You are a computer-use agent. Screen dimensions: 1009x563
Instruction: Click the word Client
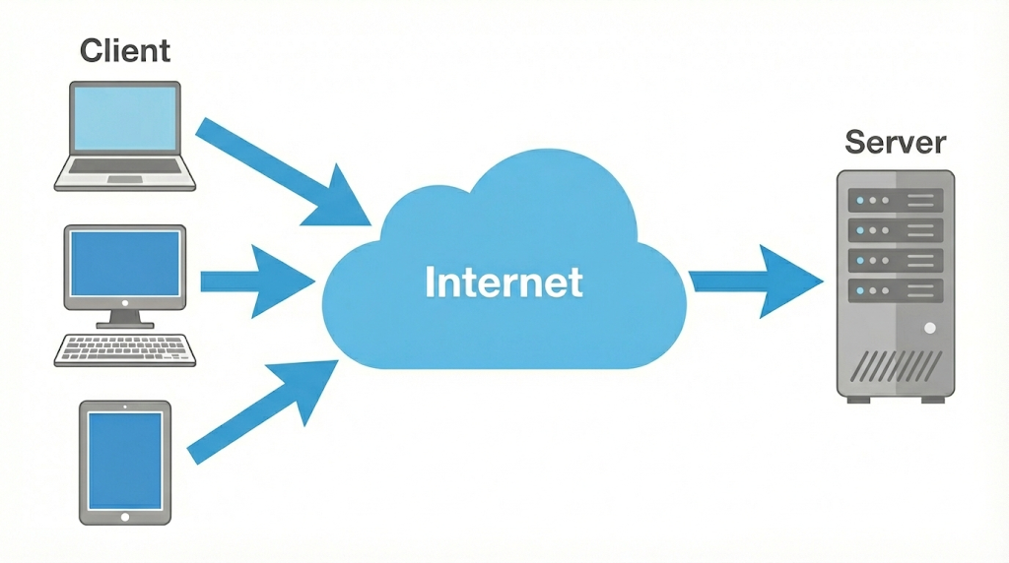coord(125,49)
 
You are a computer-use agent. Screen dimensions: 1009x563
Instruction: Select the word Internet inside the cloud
coord(504,282)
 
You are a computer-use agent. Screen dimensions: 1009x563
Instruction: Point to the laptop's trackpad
coord(124,179)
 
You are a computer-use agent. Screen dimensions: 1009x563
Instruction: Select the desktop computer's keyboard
coord(124,349)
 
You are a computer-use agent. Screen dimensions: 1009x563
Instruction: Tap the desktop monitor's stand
coord(124,318)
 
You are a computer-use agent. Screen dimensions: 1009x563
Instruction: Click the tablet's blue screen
coord(125,461)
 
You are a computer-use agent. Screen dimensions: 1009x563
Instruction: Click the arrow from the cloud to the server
coord(755,282)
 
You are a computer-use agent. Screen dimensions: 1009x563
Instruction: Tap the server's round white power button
coord(929,327)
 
